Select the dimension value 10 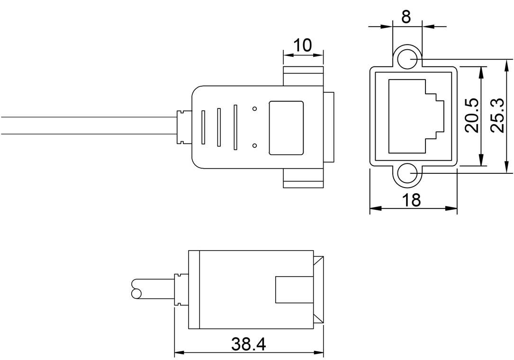(x=303, y=45)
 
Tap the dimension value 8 (x=406, y=17)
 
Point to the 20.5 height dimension (x=471, y=116)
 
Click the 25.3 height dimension (x=497, y=116)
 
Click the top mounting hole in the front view (x=407, y=59)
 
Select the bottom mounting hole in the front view (x=407, y=174)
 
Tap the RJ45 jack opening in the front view (x=415, y=116)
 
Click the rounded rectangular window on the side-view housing (x=286, y=127)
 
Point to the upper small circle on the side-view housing (x=255, y=109)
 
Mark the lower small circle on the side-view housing (x=255, y=145)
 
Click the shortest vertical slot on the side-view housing (x=203, y=127)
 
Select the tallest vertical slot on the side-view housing (x=235, y=127)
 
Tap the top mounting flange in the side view (x=303, y=76)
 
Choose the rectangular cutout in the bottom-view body (x=294, y=289)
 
